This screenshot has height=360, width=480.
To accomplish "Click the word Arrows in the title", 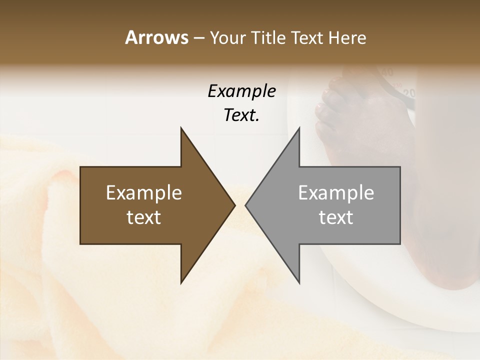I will pyautogui.click(x=156, y=37).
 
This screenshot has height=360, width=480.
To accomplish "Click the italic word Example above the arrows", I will pyautogui.click(x=241, y=91).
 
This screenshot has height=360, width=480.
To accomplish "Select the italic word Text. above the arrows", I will pyautogui.click(x=241, y=115).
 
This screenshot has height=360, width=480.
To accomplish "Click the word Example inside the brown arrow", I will pyautogui.click(x=144, y=193).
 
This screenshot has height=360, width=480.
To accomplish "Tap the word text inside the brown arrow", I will pyautogui.click(x=144, y=217).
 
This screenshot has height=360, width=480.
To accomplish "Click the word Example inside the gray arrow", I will pyautogui.click(x=336, y=193).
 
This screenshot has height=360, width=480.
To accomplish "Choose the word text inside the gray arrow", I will pyautogui.click(x=336, y=217).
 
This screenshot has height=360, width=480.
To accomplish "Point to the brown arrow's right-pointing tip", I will pyautogui.click(x=234, y=205).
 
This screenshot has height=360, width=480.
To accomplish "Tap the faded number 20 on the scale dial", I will pyautogui.click(x=409, y=93).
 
